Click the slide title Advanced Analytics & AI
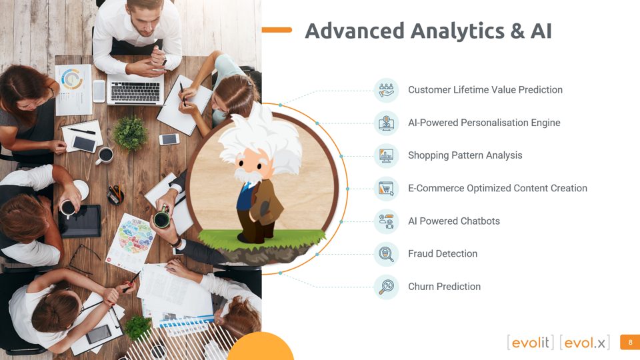[428, 31]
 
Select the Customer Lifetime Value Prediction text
[485, 90]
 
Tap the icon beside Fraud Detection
[386, 254]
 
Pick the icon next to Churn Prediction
[386, 287]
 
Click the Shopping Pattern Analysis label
[465, 155]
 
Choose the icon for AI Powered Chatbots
[386, 221]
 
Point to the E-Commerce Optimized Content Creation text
[497, 189]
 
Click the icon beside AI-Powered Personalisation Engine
[386, 123]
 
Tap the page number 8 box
[630, 343]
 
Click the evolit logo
[531, 343]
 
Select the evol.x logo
[585, 343]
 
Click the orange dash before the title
[277, 30]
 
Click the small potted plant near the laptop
[131, 132]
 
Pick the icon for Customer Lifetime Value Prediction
[386, 90]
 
